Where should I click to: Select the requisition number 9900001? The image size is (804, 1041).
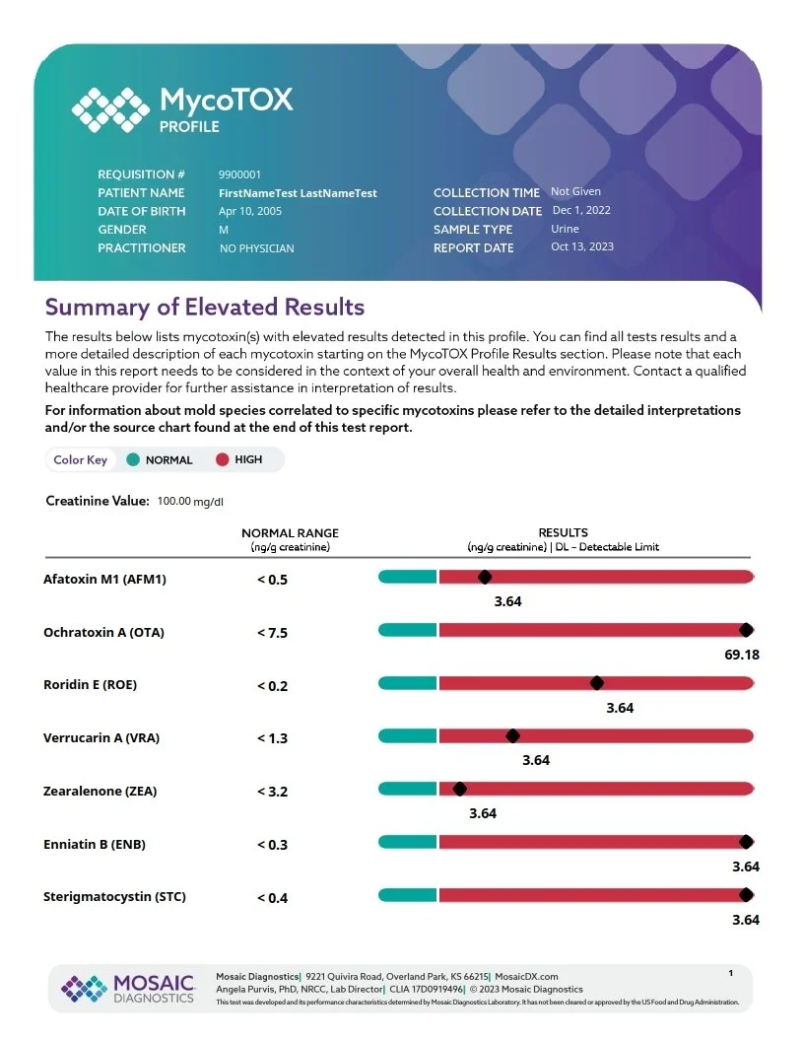(x=239, y=174)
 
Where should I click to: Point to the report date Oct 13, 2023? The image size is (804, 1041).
(x=581, y=246)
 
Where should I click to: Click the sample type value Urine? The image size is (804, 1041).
(x=565, y=229)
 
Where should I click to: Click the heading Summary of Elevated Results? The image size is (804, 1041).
(x=205, y=307)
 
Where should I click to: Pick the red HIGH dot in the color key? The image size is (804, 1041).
(x=222, y=459)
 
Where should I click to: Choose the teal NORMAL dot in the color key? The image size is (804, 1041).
(x=131, y=459)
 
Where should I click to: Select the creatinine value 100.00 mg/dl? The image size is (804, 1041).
(x=190, y=502)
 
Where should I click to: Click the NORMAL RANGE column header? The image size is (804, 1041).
(x=290, y=533)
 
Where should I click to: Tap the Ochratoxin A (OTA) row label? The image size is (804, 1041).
(x=103, y=632)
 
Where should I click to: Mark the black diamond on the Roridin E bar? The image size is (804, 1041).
(x=596, y=683)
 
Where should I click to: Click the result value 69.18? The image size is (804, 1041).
(x=742, y=654)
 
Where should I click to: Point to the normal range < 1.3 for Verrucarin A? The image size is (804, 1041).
(x=272, y=738)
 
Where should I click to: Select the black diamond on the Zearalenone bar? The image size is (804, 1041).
(x=459, y=789)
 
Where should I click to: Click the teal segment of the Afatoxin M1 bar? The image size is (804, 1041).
(x=407, y=577)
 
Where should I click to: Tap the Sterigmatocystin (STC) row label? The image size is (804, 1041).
(x=114, y=897)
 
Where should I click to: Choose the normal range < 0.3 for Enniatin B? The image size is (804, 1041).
(x=272, y=845)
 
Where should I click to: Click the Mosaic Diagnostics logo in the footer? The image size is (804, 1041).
(x=129, y=988)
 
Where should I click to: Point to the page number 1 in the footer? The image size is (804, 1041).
(x=730, y=974)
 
